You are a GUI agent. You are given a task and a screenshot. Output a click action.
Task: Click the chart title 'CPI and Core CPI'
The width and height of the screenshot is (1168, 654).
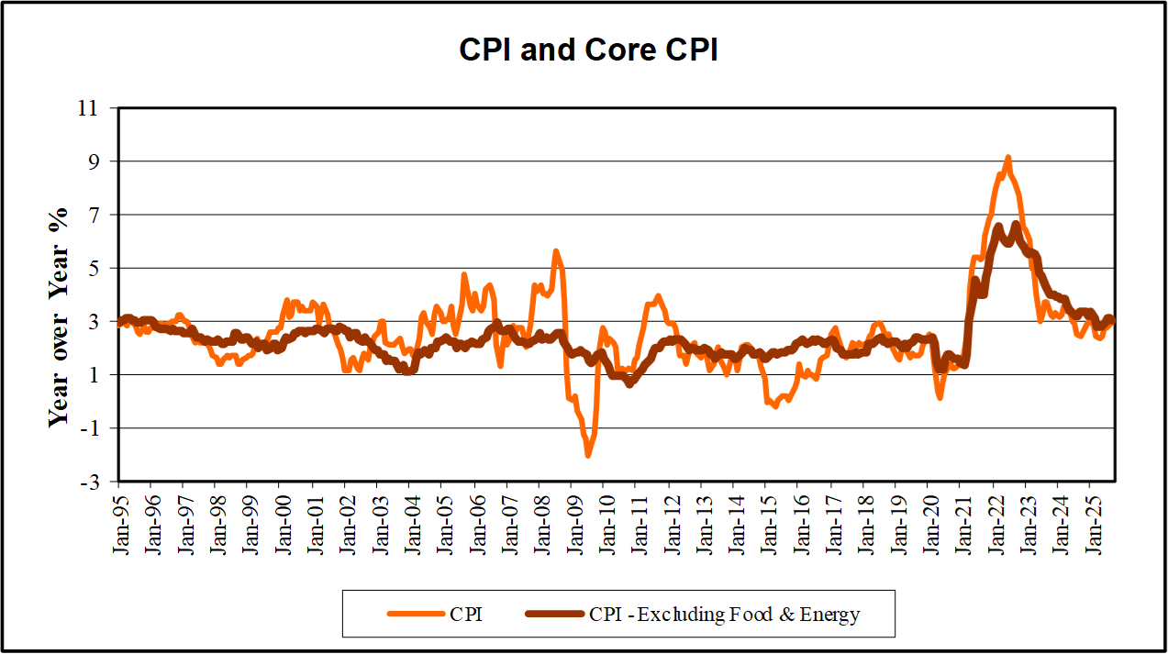(x=588, y=50)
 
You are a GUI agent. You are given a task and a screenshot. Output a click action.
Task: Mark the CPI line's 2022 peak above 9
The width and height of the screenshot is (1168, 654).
(x=1007, y=158)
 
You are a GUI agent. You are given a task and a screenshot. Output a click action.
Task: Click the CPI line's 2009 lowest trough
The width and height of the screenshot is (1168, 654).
(x=587, y=455)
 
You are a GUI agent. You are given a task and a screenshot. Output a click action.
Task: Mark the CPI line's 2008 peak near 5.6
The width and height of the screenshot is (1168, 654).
(x=555, y=250)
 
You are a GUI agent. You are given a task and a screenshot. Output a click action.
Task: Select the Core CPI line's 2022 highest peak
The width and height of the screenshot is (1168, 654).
(x=1016, y=224)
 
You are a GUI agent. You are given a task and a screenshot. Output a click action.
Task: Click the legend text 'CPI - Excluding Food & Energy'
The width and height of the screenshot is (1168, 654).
(x=724, y=614)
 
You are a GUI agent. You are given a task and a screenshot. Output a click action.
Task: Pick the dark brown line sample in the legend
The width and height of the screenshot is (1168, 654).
(x=553, y=614)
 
